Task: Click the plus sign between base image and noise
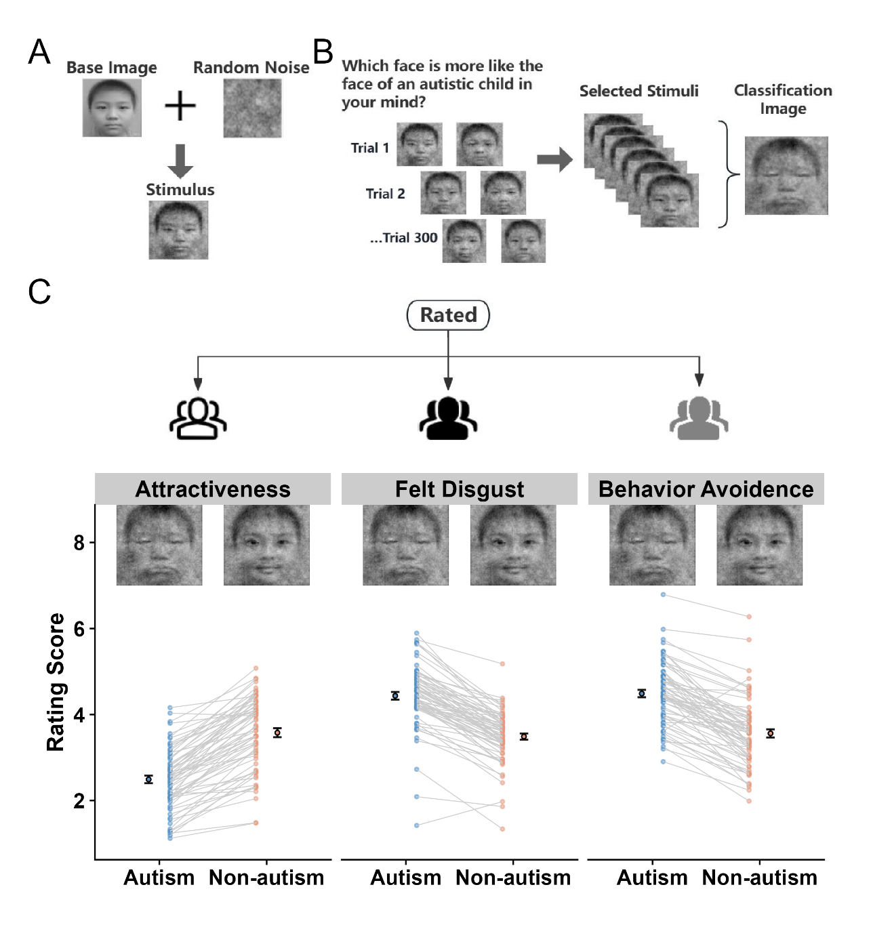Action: [x=180, y=106]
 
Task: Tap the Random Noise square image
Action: [x=252, y=108]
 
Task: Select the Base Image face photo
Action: [x=112, y=108]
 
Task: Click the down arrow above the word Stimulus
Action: [x=180, y=161]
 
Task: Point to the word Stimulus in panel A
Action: [x=180, y=190]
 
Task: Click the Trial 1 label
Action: [x=370, y=148]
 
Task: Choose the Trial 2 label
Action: [x=385, y=194]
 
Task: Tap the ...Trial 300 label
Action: [x=403, y=238]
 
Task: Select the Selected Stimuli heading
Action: [x=639, y=91]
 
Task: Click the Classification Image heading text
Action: [x=783, y=99]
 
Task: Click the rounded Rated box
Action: [x=448, y=315]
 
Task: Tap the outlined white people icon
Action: [x=198, y=418]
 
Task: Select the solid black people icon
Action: [x=448, y=418]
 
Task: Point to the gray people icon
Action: [x=699, y=418]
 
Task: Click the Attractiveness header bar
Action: [x=213, y=489]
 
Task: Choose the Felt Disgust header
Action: [x=460, y=489]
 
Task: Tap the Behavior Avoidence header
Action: [x=706, y=489]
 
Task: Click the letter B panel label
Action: [x=323, y=52]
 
